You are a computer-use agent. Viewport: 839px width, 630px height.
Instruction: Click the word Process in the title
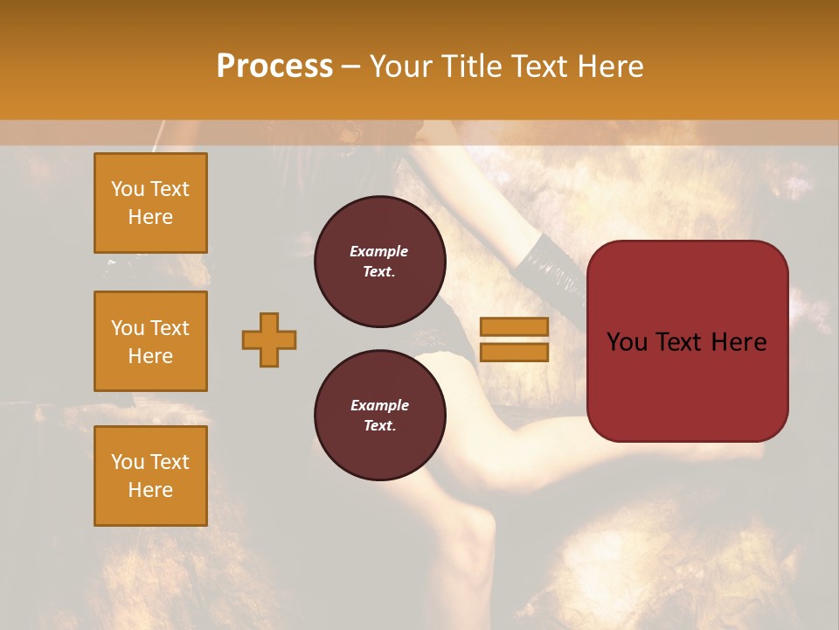(x=274, y=66)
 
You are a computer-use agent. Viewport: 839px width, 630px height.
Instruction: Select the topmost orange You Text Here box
(x=150, y=203)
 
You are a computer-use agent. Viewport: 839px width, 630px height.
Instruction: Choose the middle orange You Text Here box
(x=150, y=341)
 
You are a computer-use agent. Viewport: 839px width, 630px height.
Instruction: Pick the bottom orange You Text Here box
(x=150, y=475)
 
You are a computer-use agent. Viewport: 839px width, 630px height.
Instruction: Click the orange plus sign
(x=269, y=339)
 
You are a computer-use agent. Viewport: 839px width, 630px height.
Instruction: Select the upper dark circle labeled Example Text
(x=380, y=262)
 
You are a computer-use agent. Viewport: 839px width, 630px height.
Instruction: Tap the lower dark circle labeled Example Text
(x=380, y=415)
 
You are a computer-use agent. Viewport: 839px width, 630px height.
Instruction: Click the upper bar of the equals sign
(x=514, y=327)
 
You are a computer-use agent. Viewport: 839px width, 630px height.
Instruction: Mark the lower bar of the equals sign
(x=514, y=352)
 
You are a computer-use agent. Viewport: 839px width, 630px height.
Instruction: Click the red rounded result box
(x=687, y=341)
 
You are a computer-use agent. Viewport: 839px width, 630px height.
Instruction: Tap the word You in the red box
(x=628, y=342)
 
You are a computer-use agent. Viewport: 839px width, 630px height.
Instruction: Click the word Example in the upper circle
(x=379, y=251)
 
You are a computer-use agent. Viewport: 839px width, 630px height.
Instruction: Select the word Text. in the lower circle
(x=379, y=426)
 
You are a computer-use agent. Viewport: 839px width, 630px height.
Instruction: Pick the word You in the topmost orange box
(x=127, y=189)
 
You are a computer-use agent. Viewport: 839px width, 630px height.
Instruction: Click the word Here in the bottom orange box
(x=150, y=490)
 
